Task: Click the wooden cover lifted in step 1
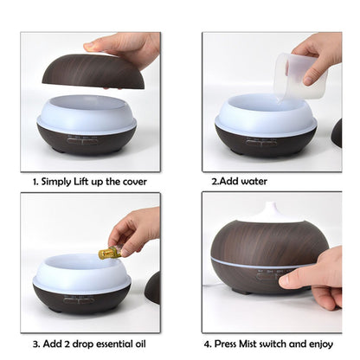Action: point(93,70)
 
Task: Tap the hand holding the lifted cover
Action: point(130,48)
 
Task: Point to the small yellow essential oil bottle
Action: point(110,252)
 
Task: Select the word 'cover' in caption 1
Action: point(130,182)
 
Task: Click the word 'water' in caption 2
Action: point(253,182)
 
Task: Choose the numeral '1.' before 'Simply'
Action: point(36,182)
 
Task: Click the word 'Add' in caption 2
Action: point(227,182)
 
